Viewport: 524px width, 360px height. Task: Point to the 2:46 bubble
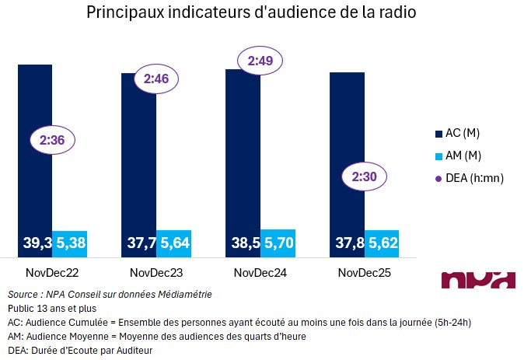click(x=156, y=78)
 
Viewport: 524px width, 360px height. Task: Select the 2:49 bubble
click(x=260, y=59)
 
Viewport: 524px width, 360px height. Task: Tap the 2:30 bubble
click(x=364, y=177)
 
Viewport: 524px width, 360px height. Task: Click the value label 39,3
click(x=36, y=244)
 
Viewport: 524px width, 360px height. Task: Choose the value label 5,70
click(x=278, y=244)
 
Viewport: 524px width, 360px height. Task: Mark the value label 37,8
click(x=347, y=244)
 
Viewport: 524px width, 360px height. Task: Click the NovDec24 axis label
click(x=260, y=272)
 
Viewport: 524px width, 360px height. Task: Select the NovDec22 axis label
click(x=52, y=272)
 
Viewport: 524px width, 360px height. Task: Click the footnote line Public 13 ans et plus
click(x=47, y=309)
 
